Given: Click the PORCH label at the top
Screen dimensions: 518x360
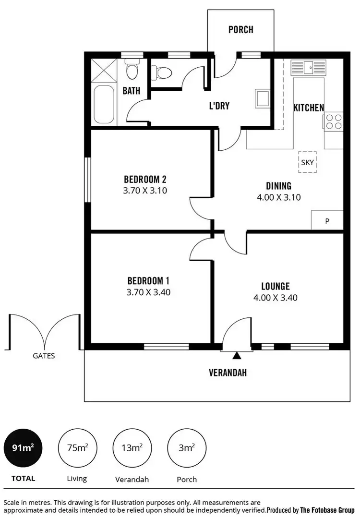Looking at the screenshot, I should [240, 30].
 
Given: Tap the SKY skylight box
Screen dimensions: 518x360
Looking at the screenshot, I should [307, 162].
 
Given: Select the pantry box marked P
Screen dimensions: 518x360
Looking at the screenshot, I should [327, 221].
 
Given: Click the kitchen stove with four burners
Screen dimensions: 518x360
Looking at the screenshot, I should [334, 121].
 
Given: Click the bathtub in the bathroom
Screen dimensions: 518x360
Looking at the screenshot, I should [103, 104].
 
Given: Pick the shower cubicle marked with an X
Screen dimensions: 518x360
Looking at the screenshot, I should [103, 71].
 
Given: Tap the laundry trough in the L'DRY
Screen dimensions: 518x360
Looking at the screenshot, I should [263, 98].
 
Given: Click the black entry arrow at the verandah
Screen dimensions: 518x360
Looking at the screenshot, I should [237, 356].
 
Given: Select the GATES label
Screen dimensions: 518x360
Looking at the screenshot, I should [44, 356].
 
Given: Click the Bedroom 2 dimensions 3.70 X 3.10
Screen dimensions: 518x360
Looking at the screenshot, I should [145, 190].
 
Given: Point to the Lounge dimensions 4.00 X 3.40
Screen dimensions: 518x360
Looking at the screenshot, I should [276, 298].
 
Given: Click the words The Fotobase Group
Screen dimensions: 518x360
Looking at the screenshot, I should [328, 510].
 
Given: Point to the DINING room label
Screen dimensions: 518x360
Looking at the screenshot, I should [278, 186].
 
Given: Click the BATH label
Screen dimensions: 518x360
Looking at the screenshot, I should [131, 90].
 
